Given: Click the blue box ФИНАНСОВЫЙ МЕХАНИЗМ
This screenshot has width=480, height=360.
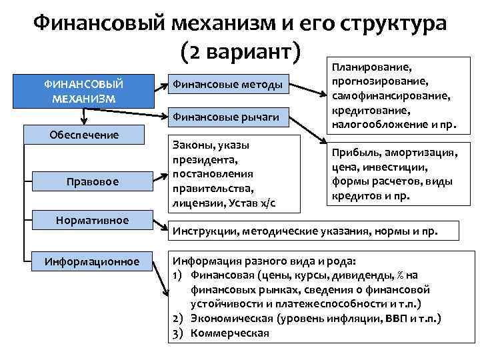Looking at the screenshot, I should (84, 91).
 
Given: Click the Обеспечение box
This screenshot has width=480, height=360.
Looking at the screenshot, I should (85, 135).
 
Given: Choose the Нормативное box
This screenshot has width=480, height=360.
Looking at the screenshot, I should (93, 220).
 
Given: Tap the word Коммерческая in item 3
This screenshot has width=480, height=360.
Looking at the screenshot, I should (230, 333).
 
